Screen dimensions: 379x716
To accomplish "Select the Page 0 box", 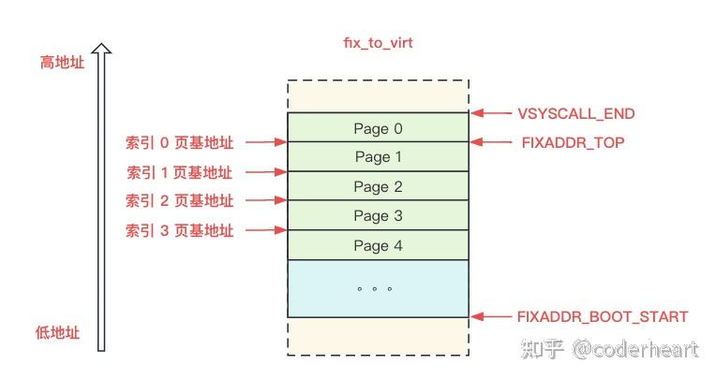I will [377, 127].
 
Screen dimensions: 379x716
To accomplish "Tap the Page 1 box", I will [377, 157].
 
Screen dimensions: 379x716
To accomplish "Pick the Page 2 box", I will [377, 186].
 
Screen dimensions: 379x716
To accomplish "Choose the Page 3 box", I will [377, 216].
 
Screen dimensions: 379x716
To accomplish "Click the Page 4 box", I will [377, 245].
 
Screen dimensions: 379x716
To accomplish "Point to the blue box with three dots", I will [377, 288].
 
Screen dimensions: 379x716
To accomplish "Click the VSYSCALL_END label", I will [575, 114].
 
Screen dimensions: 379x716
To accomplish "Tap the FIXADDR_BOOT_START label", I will [602, 317].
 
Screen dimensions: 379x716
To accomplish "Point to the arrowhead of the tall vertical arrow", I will [101, 49].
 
